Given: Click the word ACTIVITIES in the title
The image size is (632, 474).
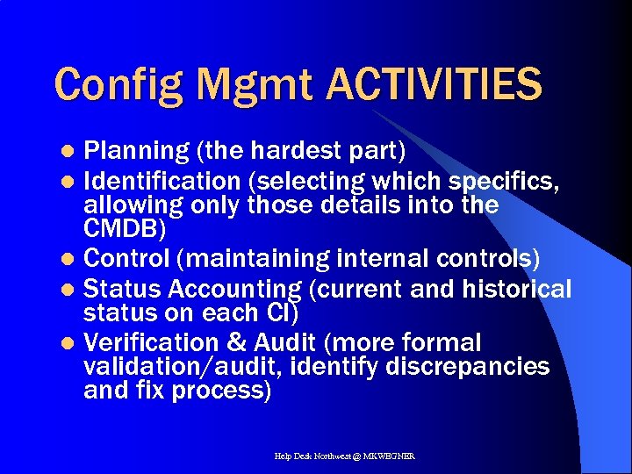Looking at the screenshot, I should pos(434,84).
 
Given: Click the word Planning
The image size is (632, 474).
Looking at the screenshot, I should pos(135,152).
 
